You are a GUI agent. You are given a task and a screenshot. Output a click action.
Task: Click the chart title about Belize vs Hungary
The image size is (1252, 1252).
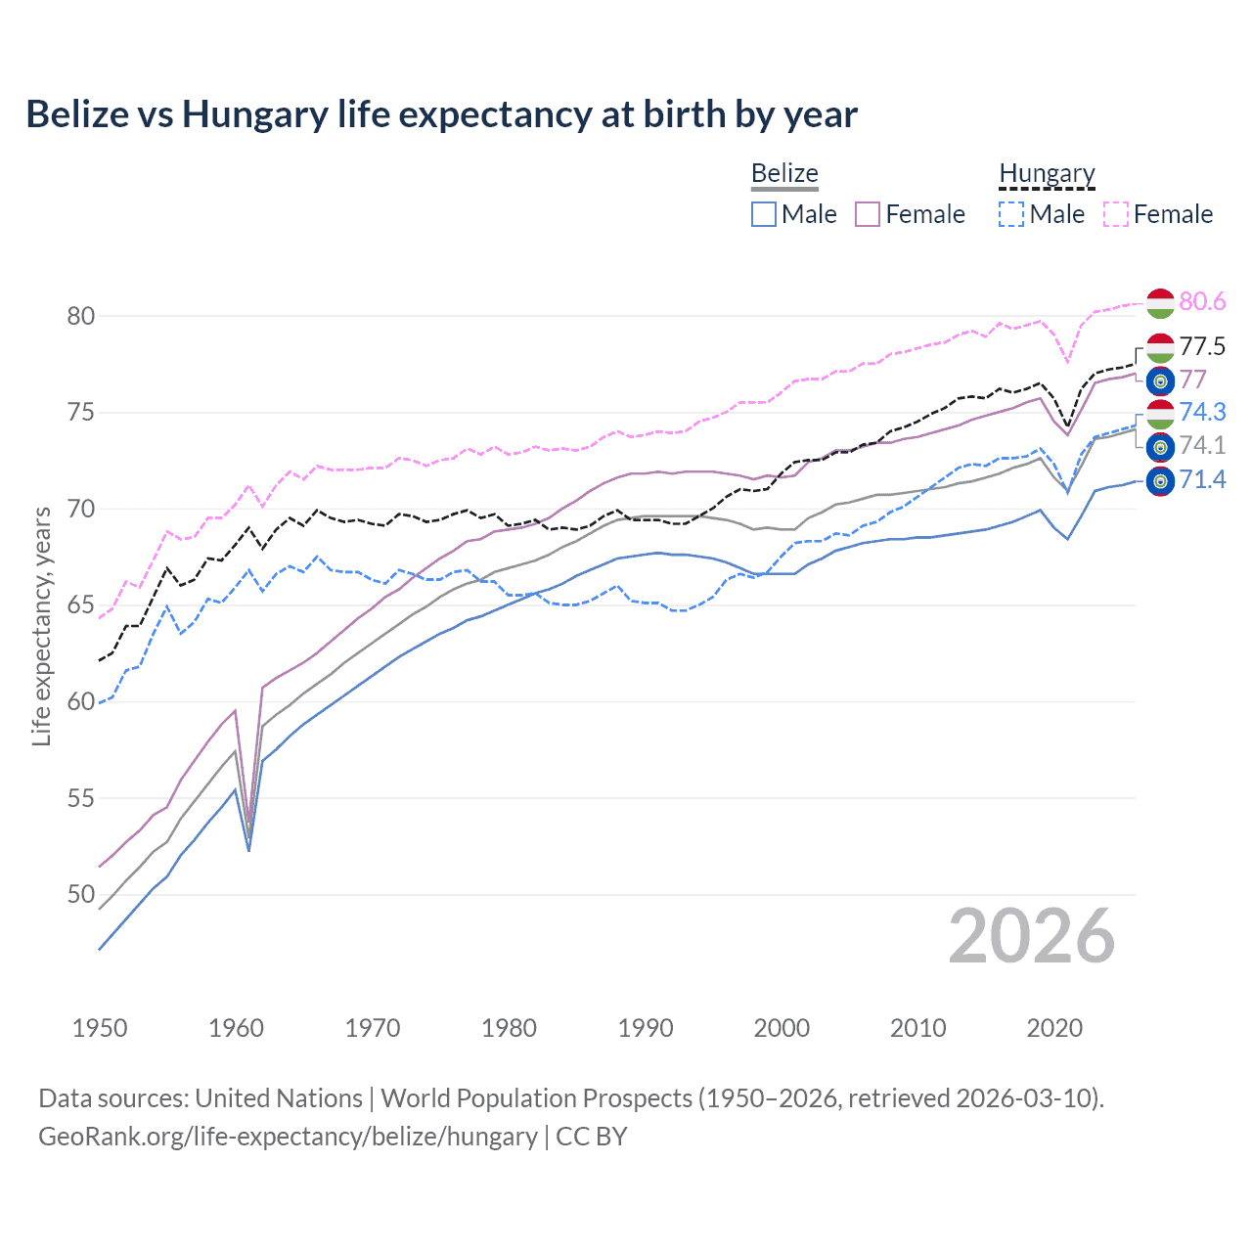click(x=441, y=114)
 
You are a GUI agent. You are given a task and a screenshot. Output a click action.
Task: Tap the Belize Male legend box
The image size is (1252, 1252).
click(x=764, y=214)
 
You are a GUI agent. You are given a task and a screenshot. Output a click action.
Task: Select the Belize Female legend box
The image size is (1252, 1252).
click(x=868, y=214)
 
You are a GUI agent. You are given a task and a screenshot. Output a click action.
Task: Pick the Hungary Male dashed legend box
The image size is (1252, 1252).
click(x=1011, y=214)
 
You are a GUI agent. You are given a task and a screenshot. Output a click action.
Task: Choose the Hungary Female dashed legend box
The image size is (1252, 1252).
click(x=1116, y=214)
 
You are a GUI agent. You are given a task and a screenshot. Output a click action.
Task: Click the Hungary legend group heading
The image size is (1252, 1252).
click(x=1047, y=174)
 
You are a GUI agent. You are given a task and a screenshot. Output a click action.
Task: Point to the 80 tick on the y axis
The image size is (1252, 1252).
click(x=81, y=316)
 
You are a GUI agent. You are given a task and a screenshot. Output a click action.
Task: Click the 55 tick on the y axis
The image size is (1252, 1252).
click(x=81, y=798)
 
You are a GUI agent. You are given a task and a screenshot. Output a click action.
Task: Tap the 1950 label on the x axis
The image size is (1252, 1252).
click(x=100, y=1028)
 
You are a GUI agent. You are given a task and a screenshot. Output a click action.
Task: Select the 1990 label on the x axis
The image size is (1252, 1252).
click(x=646, y=1028)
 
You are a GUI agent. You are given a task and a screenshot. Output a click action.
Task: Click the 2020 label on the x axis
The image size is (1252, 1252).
click(x=1054, y=1028)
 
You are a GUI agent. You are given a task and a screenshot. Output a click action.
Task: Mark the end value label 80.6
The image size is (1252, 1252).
click(x=1202, y=302)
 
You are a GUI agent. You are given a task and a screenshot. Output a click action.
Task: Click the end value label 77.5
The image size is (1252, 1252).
click(x=1202, y=347)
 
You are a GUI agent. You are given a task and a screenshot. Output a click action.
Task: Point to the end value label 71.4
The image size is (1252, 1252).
click(x=1202, y=480)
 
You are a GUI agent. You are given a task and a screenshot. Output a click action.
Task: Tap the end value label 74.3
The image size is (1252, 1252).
click(x=1202, y=413)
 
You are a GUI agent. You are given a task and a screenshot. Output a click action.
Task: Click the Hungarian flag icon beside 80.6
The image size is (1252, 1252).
click(x=1160, y=303)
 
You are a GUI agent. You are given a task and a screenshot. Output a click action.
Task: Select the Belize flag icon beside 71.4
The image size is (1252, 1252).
click(x=1160, y=481)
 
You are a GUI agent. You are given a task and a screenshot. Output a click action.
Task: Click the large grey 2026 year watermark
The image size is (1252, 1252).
click(x=1032, y=937)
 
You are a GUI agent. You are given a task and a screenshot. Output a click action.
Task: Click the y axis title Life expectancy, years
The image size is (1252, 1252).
click(x=42, y=626)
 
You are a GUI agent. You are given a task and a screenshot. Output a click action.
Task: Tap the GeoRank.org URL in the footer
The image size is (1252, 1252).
click(x=288, y=1137)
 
